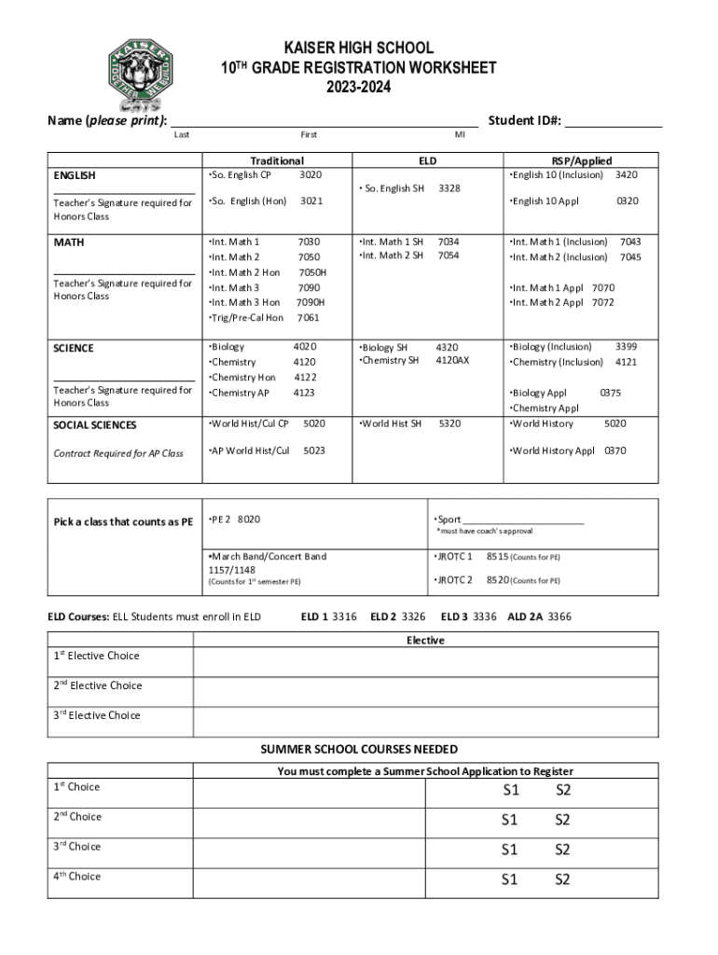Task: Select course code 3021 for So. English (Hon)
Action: click(311, 201)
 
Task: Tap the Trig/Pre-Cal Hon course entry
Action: click(246, 318)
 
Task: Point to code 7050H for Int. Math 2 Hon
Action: click(311, 272)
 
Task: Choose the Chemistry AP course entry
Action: click(240, 394)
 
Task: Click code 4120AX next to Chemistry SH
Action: click(452, 361)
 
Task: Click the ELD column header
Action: click(427, 160)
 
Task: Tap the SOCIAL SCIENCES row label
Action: click(95, 425)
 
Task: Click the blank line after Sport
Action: click(523, 520)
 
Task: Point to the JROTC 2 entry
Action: click(455, 580)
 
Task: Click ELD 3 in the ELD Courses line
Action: click(454, 616)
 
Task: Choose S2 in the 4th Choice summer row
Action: click(562, 879)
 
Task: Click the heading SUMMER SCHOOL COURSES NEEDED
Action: click(359, 750)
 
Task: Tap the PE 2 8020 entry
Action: click(235, 519)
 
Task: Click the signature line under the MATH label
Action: click(124, 273)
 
